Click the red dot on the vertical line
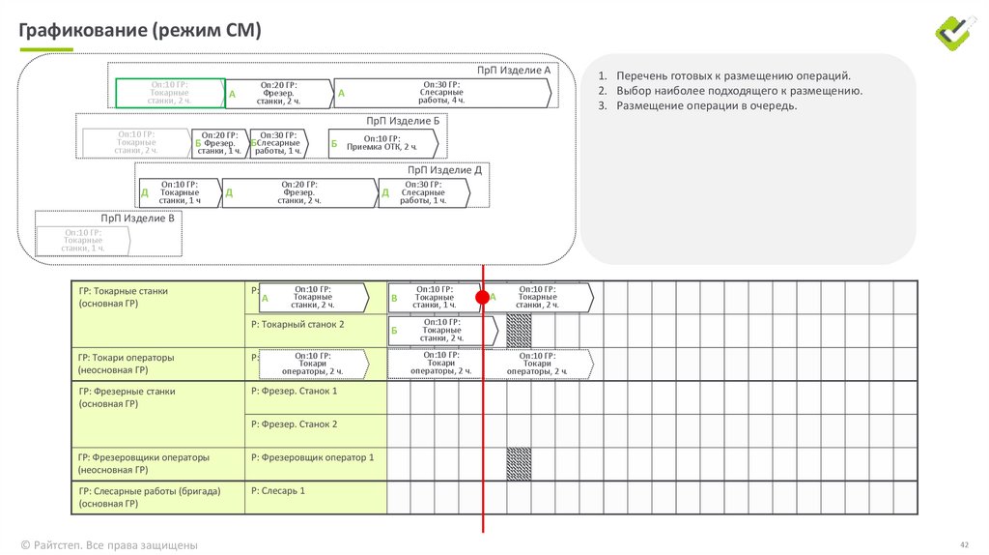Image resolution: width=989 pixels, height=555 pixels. pos(483,298)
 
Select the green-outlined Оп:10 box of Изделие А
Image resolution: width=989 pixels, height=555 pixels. pos(170,93)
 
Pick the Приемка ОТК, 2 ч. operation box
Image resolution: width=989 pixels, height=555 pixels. pos(382,142)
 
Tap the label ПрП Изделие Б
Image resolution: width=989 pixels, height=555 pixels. pos(403,121)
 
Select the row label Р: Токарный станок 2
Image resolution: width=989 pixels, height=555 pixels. pos(297,325)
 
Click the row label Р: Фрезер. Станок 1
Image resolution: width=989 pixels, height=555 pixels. pos(295,391)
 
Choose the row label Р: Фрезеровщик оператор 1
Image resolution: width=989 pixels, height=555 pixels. pos(312,456)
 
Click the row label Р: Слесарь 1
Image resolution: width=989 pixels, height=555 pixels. pos(278,491)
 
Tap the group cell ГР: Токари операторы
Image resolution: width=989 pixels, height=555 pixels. pos(127,358)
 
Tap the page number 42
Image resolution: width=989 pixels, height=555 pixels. pos(963,544)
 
